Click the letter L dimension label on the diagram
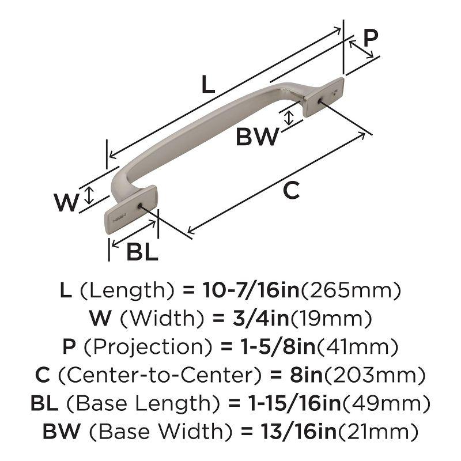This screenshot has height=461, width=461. click(207, 85)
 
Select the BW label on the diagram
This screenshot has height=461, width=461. click(258, 137)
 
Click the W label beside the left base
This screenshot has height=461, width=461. click(66, 202)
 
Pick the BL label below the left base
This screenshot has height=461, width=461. click(142, 252)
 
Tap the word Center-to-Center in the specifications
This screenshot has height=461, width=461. click(159, 375)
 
